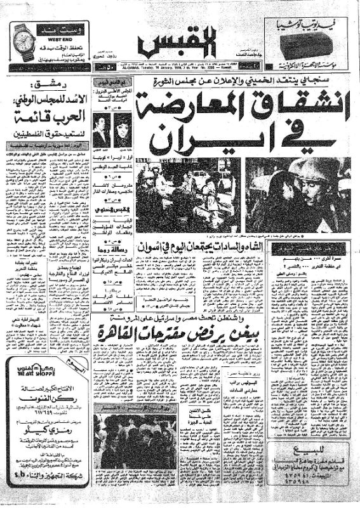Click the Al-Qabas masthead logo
[x=187, y=41]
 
